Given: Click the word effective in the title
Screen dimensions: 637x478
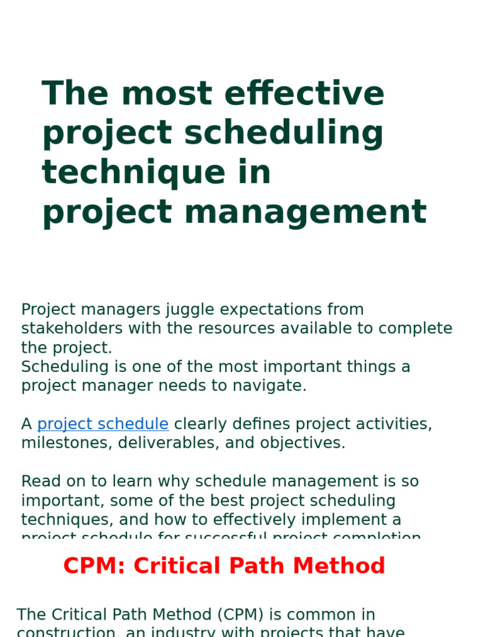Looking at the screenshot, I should pos(304,94).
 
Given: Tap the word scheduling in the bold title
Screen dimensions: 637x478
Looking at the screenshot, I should pos(283,134).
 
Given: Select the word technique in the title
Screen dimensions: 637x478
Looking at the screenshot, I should pos(134,173).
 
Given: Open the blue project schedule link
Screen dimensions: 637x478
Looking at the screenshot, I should pos(103,424).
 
